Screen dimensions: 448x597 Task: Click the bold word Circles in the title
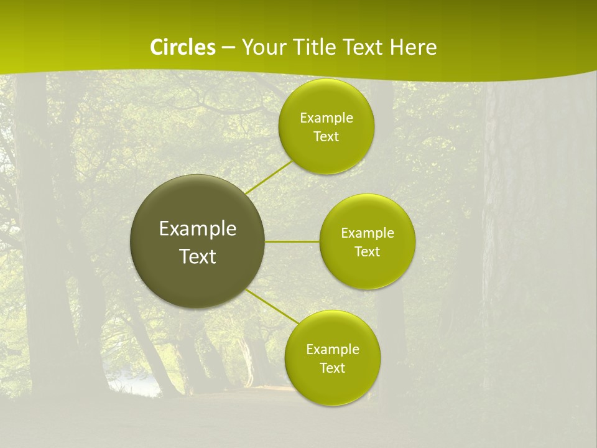182,47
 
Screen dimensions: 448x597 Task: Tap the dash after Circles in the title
228,47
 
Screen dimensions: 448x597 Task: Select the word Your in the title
263,47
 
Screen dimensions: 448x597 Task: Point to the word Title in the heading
312,47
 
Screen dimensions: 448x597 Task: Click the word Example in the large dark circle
198,229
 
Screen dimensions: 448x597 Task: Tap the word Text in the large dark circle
198,256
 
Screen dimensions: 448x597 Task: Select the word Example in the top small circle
326,118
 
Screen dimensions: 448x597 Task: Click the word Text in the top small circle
326,137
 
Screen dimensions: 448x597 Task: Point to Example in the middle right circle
368,233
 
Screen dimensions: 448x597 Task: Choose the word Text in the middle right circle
368,252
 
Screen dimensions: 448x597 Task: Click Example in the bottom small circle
333,350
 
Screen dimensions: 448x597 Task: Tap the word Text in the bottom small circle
333,368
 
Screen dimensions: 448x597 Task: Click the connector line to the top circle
269,177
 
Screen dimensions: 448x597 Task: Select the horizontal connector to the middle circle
292,241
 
